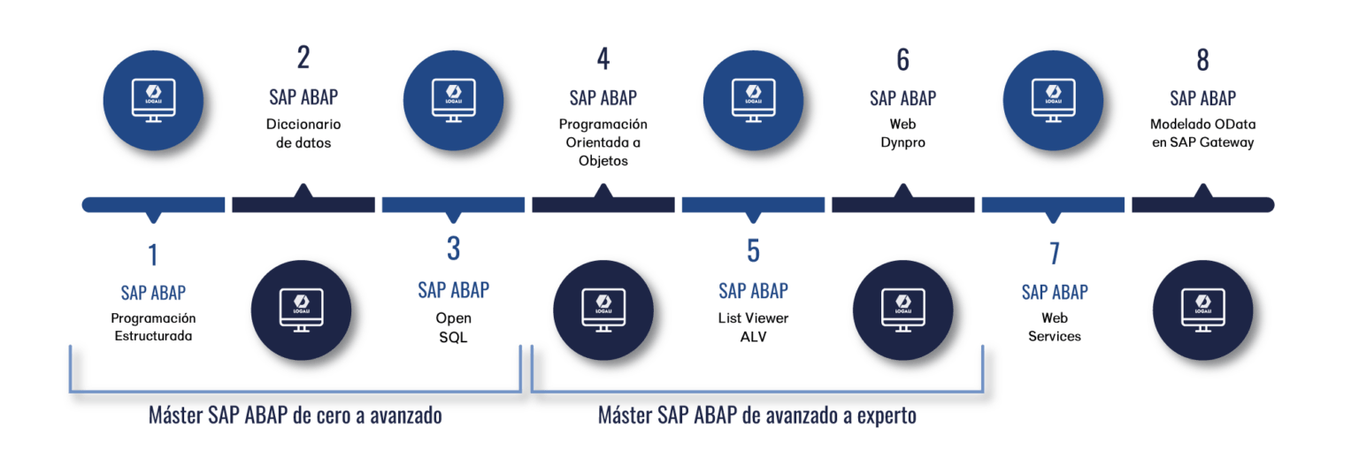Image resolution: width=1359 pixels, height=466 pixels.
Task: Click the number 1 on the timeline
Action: pyautogui.click(x=153, y=256)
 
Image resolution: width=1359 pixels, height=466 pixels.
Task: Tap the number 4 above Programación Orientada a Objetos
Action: pyautogui.click(x=603, y=59)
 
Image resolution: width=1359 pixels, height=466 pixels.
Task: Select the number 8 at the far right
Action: pyautogui.click(x=1202, y=59)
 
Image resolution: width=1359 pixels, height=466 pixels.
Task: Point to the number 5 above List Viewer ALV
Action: pyautogui.click(x=753, y=251)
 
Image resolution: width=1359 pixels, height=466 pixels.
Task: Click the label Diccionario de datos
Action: pyautogui.click(x=303, y=133)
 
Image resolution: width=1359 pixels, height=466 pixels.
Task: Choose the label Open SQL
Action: pyautogui.click(x=453, y=326)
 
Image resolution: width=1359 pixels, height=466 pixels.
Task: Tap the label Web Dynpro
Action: pyautogui.click(x=902, y=133)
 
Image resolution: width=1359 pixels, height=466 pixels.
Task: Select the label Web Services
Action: pyautogui.click(x=1054, y=326)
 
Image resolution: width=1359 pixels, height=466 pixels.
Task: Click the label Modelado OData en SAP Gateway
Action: pyautogui.click(x=1202, y=133)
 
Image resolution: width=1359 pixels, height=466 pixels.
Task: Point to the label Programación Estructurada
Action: pyautogui.click(x=153, y=326)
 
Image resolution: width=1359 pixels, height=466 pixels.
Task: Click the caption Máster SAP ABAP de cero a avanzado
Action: pyautogui.click(x=295, y=416)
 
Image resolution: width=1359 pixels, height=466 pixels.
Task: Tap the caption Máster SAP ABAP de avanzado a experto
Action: pyautogui.click(x=756, y=416)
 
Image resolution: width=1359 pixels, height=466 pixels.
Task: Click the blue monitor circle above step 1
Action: pyautogui.click(x=153, y=96)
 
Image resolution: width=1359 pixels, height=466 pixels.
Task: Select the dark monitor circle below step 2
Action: pyautogui.click(x=301, y=310)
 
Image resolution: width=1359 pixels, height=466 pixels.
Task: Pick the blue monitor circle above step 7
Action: pyautogui.click(x=1053, y=96)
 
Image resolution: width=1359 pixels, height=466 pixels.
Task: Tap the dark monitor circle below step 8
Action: pyautogui.click(x=1203, y=310)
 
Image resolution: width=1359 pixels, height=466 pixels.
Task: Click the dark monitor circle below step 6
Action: pyautogui.click(x=903, y=310)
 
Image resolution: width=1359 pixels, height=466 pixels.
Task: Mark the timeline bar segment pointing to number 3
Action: pyautogui.click(x=453, y=205)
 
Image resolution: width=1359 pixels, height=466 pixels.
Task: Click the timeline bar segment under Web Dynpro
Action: pyautogui.click(x=902, y=205)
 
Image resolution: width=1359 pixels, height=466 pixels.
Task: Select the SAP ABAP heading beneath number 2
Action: pyautogui.click(x=303, y=96)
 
